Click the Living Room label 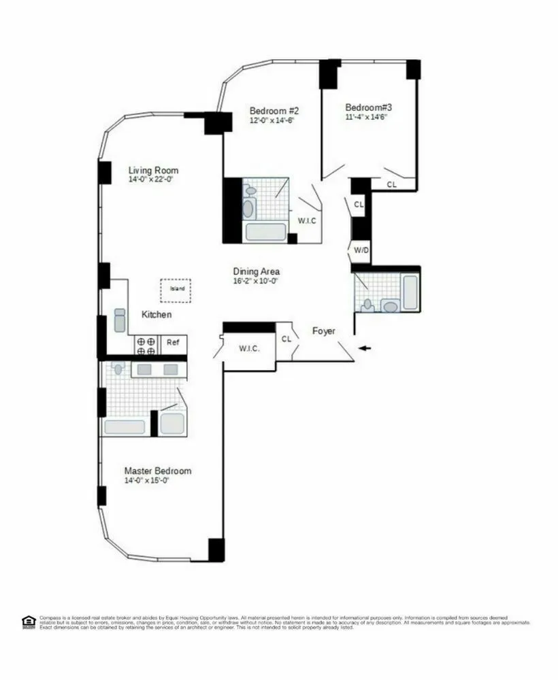click(153, 170)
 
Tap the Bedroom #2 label click(274, 110)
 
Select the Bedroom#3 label click(369, 107)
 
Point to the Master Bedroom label click(157, 471)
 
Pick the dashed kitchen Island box click(176, 289)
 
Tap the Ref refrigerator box click(174, 343)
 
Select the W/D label click(361, 250)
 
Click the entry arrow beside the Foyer click(366, 349)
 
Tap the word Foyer click(324, 331)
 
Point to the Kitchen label click(157, 315)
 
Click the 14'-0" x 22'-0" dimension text click(153, 180)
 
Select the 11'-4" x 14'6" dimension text click(369, 116)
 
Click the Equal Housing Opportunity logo click(28, 622)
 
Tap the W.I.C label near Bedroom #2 click(307, 220)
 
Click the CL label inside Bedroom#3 click(392, 184)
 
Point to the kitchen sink click(120, 320)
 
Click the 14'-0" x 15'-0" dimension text click(146, 480)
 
